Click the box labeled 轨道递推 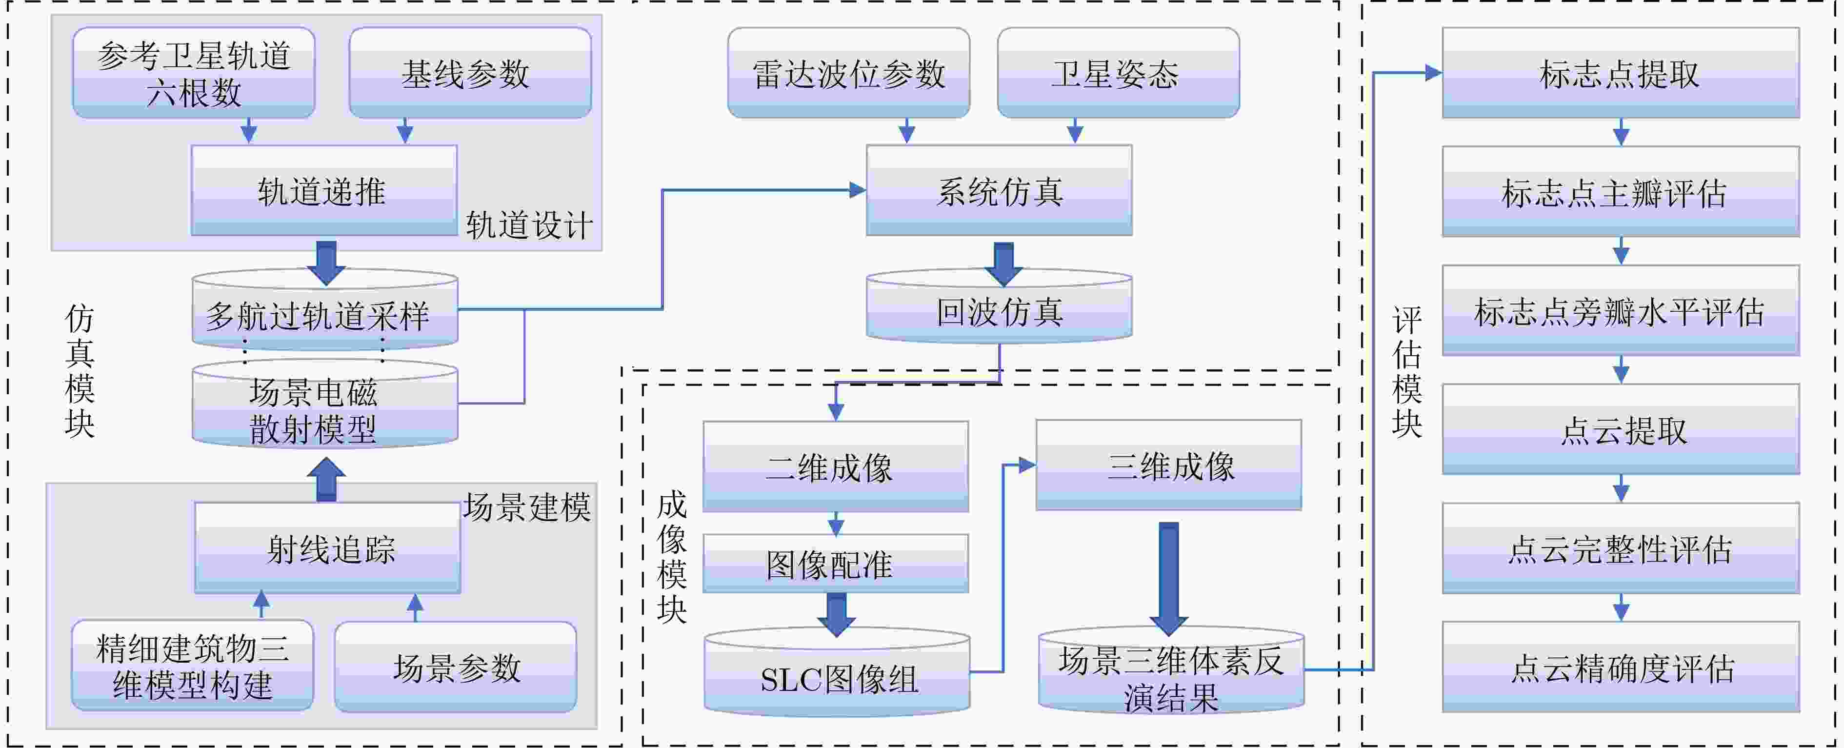pos(323,190)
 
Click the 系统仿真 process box pos(999,190)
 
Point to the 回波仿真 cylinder pos(999,307)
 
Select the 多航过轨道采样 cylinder pos(325,309)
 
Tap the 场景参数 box pos(456,667)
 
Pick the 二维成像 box pos(835,466)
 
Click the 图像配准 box pos(835,564)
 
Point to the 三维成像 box pos(1168,465)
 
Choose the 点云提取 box pos(1621,429)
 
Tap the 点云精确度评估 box pos(1621,667)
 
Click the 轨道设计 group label pos(530,225)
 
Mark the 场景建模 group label pos(527,507)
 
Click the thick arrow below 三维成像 pos(1168,578)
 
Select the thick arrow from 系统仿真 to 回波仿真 pos(1003,264)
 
